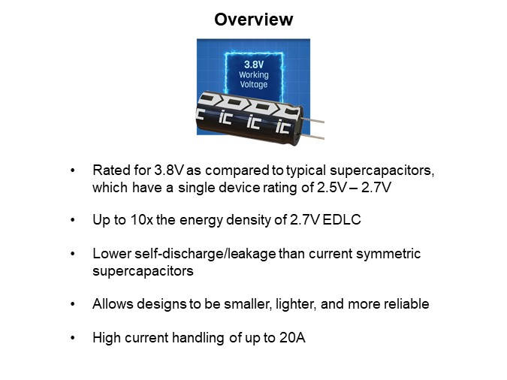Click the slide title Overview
[x=253, y=20]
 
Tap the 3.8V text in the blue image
[x=253, y=65]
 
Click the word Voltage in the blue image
[x=253, y=85]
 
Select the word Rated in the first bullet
[x=109, y=170]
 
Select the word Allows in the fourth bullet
[x=110, y=303]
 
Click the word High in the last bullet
[x=106, y=338]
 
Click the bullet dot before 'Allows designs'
[x=72, y=303]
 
